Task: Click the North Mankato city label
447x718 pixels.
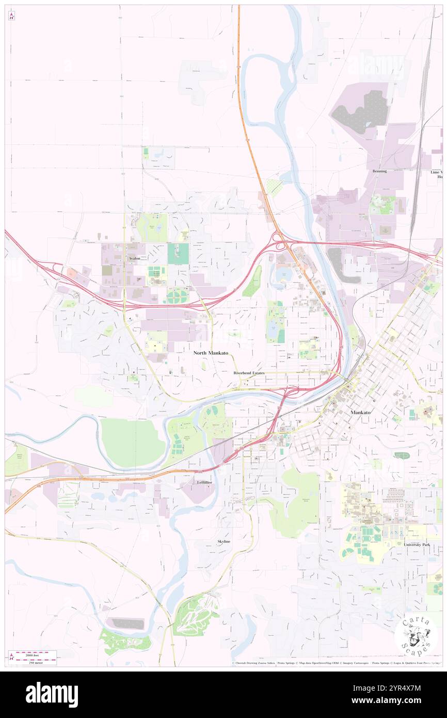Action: pyautogui.click(x=211, y=353)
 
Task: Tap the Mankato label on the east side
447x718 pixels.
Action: pyautogui.click(x=360, y=412)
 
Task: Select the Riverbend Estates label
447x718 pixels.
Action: pyautogui.click(x=249, y=372)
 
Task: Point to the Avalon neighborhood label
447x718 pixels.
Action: pyautogui.click(x=135, y=258)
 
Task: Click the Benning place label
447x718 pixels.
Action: pyautogui.click(x=379, y=171)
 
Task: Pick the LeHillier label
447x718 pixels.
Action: pyautogui.click(x=204, y=482)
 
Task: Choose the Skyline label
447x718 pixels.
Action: pyautogui.click(x=223, y=541)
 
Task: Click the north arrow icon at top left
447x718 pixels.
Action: pyautogui.click(x=11, y=16)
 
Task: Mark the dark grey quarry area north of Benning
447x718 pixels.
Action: pyautogui.click(x=361, y=111)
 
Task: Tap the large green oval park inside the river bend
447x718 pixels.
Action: pyautogui.click(x=133, y=442)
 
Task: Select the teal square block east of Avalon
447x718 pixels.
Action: pyautogui.click(x=178, y=253)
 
